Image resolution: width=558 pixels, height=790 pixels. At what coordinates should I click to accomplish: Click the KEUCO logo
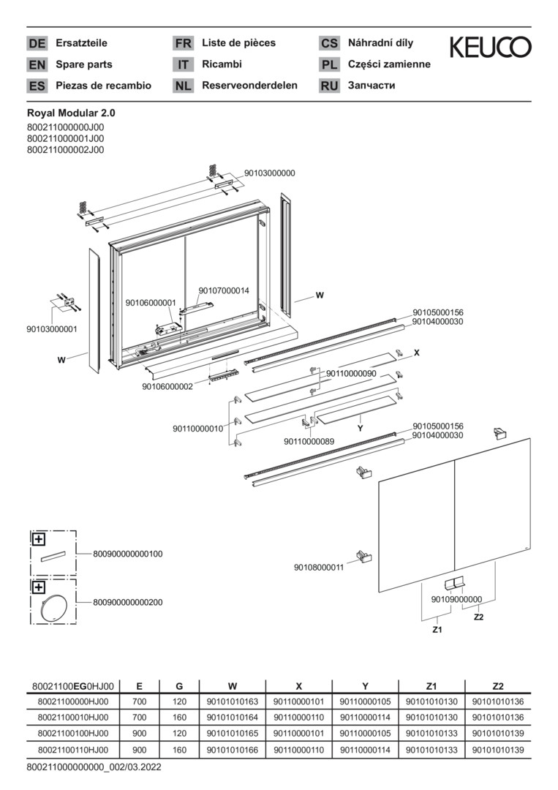point(490,48)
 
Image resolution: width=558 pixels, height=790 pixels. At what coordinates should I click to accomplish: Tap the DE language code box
point(37,43)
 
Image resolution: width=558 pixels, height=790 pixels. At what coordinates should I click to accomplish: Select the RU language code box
point(329,86)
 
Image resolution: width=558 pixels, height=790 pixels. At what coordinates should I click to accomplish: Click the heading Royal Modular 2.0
point(71,113)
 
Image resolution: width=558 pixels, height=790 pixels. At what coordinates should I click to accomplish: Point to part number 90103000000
point(270,173)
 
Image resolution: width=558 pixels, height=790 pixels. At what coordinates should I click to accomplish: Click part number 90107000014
point(224,290)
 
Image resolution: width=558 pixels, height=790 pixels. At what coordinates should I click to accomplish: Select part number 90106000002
point(167,386)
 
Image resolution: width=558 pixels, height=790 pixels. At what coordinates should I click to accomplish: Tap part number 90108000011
point(319,567)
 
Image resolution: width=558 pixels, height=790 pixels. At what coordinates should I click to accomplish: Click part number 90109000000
point(457,599)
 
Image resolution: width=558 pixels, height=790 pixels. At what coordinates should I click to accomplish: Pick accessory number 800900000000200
point(128,602)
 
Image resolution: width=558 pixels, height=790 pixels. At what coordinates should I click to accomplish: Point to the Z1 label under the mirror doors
point(437,629)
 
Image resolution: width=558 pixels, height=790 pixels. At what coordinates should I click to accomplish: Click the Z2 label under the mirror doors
point(479,617)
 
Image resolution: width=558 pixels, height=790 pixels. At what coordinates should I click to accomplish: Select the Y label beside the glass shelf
point(360,428)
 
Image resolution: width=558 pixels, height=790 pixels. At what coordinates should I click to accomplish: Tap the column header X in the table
point(298,685)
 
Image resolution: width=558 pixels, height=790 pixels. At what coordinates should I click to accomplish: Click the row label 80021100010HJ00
point(72,718)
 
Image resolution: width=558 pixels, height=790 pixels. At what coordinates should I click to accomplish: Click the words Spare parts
point(84,64)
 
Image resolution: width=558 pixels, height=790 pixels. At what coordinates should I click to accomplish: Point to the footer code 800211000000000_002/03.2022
point(94,767)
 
